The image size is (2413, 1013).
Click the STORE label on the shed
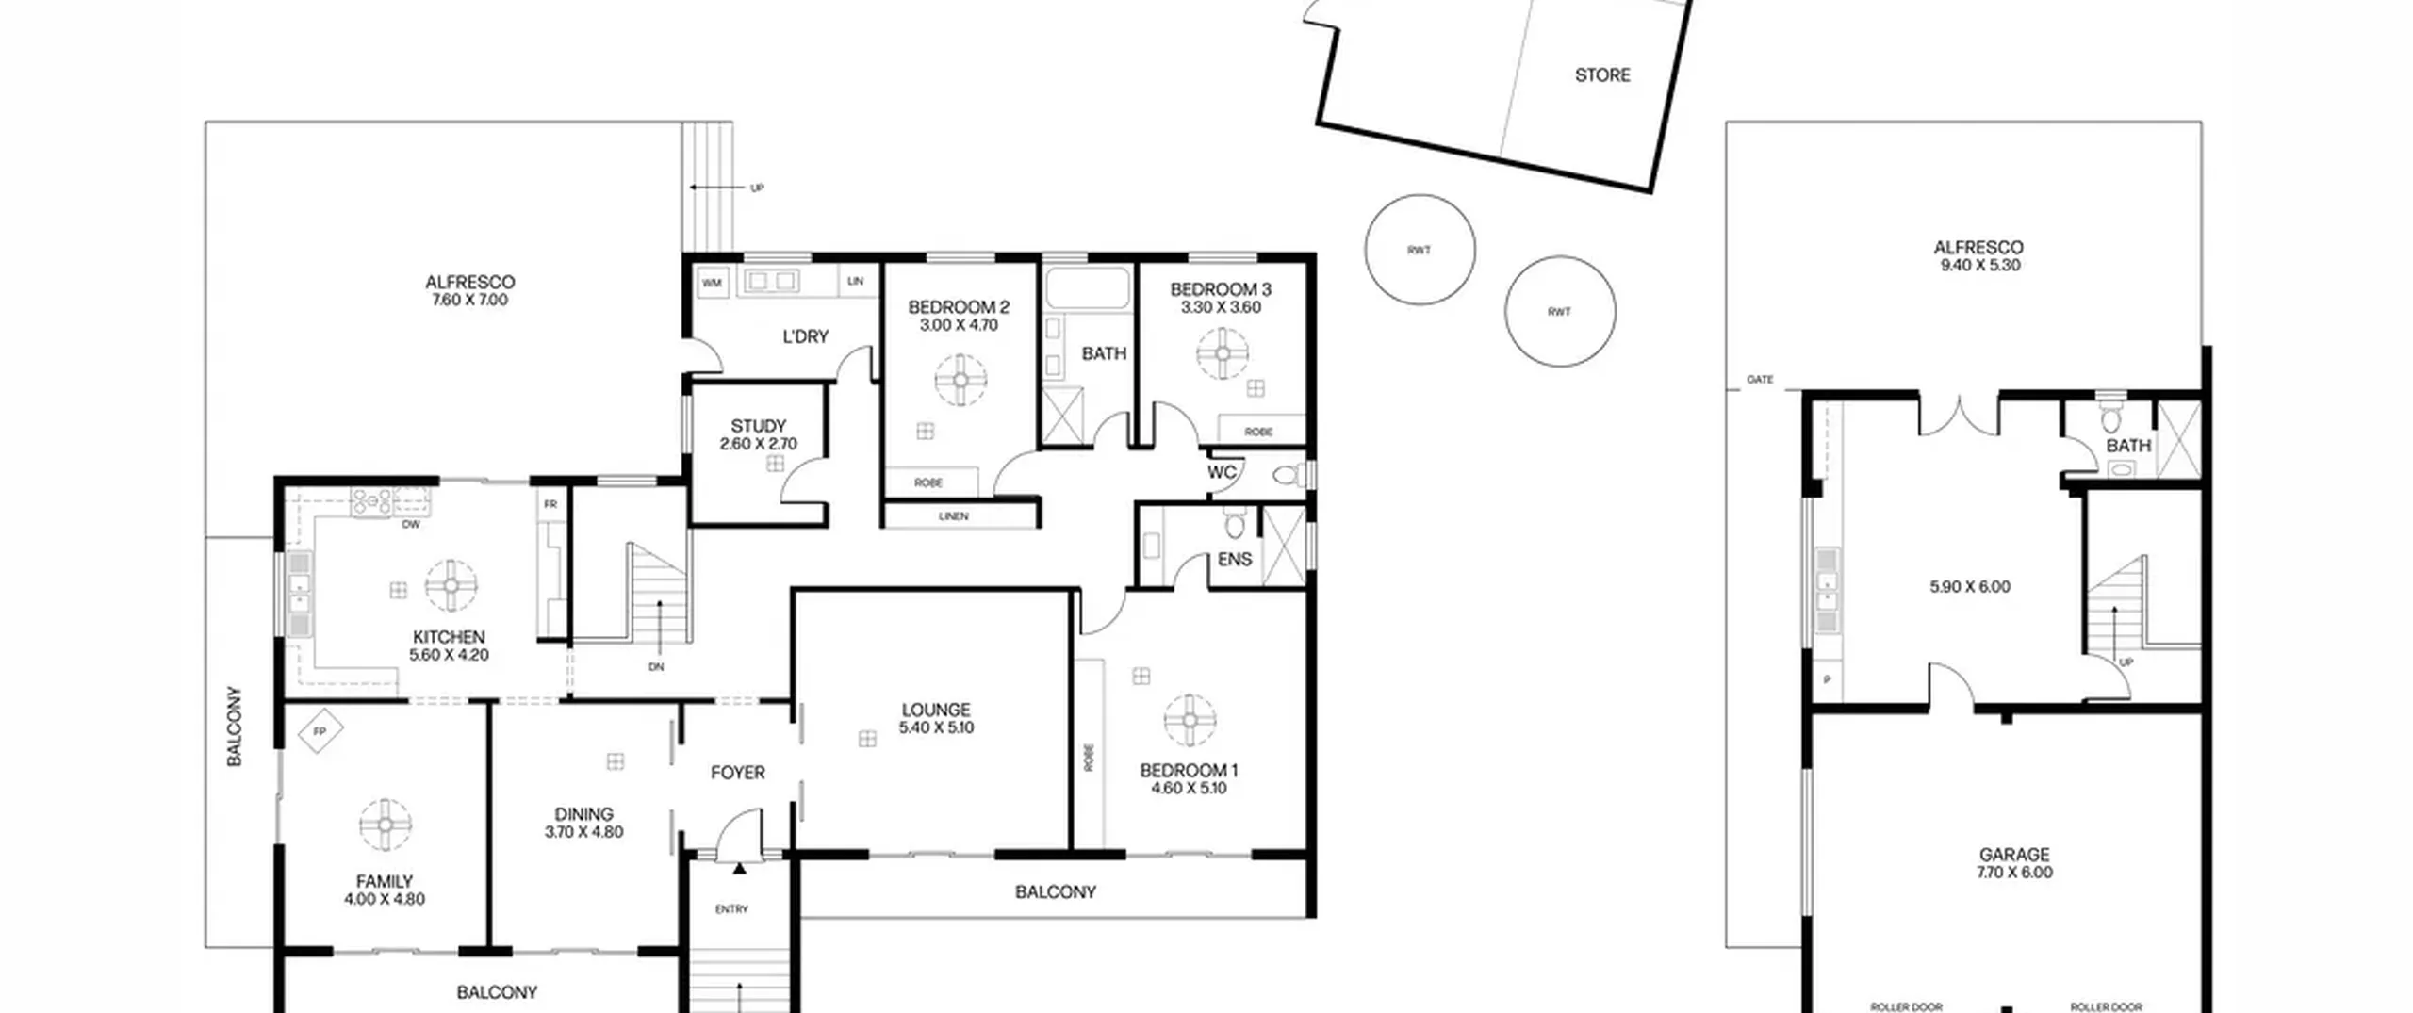pyautogui.click(x=1602, y=75)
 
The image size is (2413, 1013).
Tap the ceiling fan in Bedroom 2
pyautogui.click(x=960, y=380)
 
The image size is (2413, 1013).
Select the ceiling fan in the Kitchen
pyautogui.click(x=451, y=585)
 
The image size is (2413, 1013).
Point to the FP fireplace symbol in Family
pyautogui.click(x=320, y=731)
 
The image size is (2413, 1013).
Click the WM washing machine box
pyautogui.click(x=713, y=282)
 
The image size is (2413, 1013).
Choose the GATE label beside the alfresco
pyautogui.click(x=1760, y=380)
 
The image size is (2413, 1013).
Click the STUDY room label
pyautogui.click(x=758, y=426)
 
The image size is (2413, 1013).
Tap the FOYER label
pyautogui.click(x=737, y=773)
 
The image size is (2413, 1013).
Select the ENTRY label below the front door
pyautogui.click(x=731, y=909)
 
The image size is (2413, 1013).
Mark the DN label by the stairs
pyautogui.click(x=656, y=667)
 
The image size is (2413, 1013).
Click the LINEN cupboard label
pyautogui.click(x=953, y=516)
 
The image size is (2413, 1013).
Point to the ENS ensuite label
pyautogui.click(x=1235, y=560)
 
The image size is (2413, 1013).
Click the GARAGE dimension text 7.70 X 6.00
pyautogui.click(x=2014, y=873)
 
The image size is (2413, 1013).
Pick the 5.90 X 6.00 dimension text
pyautogui.click(x=1970, y=587)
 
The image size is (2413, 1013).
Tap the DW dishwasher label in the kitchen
pyautogui.click(x=411, y=525)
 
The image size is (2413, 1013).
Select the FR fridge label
pyautogui.click(x=550, y=505)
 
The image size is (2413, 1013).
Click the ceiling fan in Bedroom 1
pyautogui.click(x=1190, y=721)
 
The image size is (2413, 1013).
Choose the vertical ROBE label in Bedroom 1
pyautogui.click(x=1089, y=758)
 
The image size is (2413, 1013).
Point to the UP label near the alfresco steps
pyautogui.click(x=757, y=188)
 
